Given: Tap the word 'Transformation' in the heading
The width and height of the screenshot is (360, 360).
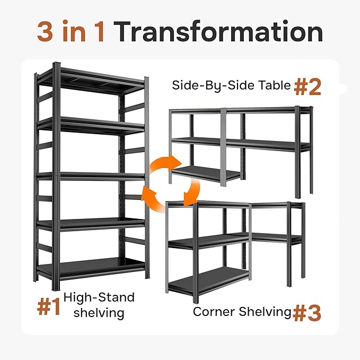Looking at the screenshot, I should click(219, 32).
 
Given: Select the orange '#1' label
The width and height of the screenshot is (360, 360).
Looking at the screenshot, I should click(48, 307).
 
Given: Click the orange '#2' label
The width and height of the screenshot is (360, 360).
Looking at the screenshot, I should click(308, 87).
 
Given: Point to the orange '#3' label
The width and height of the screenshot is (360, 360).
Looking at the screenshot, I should click(307, 313).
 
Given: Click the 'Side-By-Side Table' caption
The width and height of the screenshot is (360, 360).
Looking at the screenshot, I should click(231, 85).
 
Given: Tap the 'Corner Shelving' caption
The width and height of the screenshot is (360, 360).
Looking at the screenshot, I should click(242, 311).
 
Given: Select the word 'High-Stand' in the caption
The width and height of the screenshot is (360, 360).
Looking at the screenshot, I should click(99, 297).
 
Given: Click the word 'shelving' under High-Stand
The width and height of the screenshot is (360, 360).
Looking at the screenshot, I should click(99, 313).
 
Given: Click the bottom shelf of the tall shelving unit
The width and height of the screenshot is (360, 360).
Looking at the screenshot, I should click(91, 267).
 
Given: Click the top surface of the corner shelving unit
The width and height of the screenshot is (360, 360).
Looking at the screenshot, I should click(228, 204).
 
